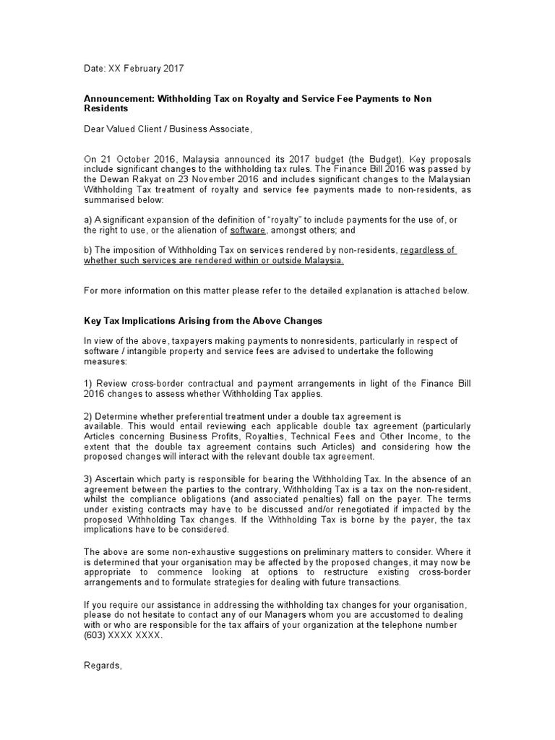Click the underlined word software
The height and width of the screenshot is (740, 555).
tap(248, 230)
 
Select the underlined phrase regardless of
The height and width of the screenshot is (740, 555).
tap(428, 250)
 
